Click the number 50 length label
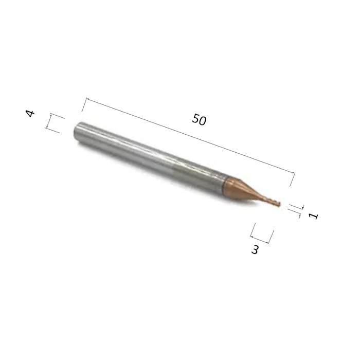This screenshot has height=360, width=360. point(199,119)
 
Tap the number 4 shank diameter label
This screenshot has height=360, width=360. point(30,113)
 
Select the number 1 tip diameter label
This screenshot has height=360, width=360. point(313,216)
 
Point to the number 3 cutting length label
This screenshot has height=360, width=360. point(255,249)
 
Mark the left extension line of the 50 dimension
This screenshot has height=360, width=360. point(84,105)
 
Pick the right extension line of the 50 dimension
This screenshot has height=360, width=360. point(292,179)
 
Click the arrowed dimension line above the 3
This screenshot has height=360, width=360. point(259,239)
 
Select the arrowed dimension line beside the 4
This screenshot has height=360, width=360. point(49,121)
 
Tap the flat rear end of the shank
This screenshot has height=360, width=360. point(77,133)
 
